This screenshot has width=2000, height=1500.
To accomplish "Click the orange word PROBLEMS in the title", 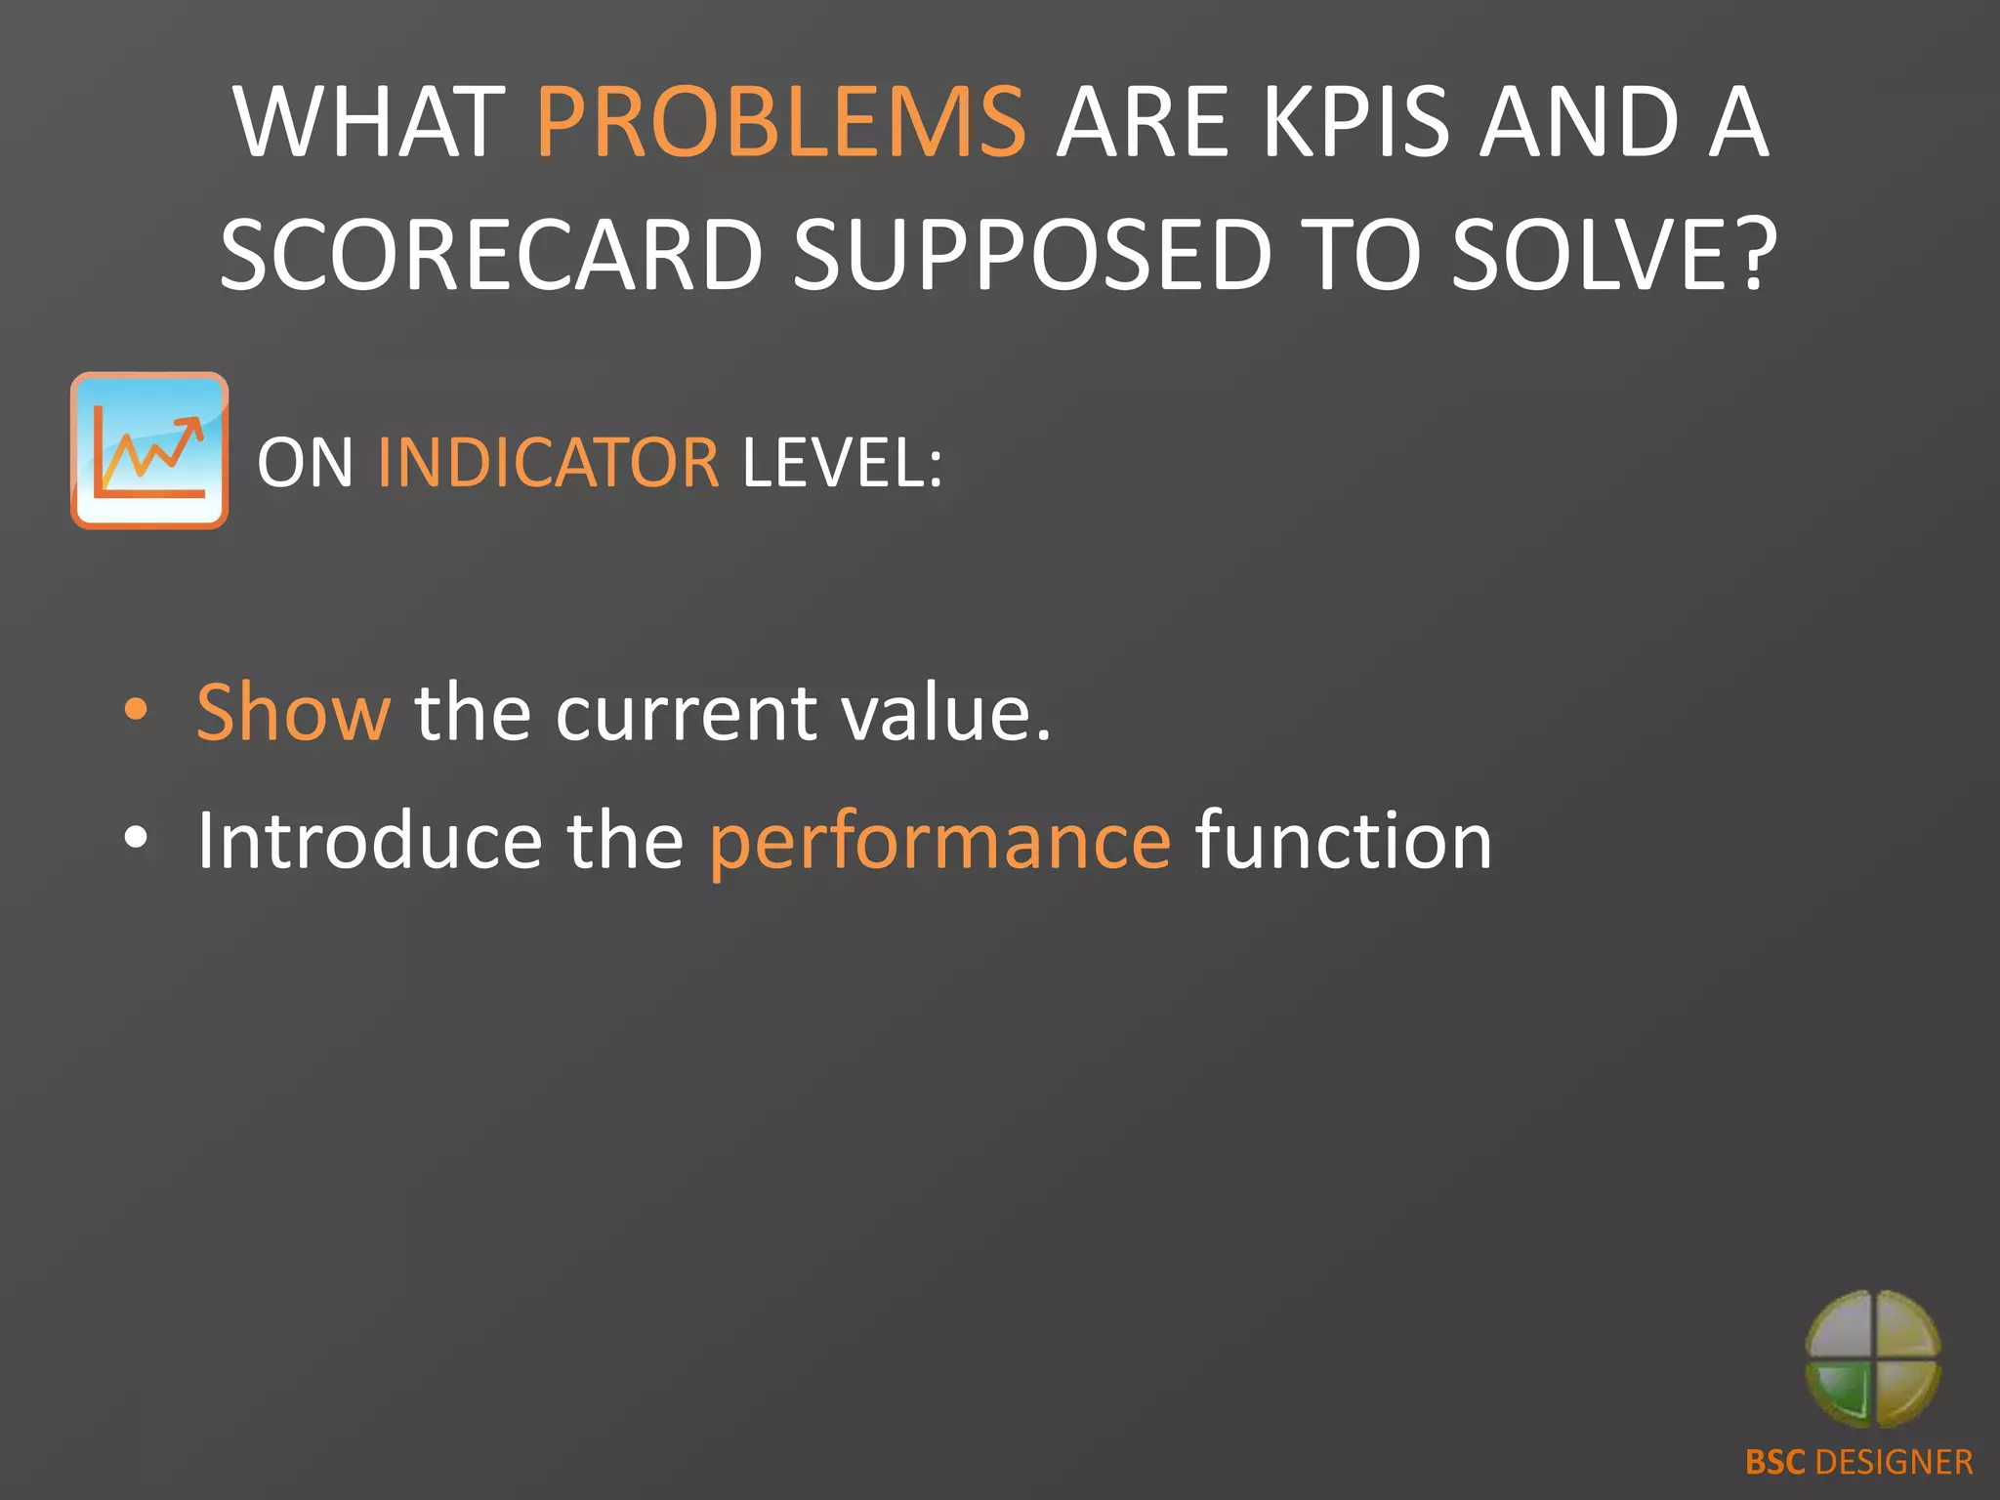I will tap(780, 123).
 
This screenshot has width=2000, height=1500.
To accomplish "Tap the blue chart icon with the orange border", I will tap(149, 450).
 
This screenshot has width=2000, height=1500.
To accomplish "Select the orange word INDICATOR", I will tap(548, 463).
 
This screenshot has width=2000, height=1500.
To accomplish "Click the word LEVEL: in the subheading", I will tap(843, 463).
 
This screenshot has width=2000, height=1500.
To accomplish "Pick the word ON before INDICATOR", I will tap(305, 463).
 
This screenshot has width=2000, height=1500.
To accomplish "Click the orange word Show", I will tap(293, 713).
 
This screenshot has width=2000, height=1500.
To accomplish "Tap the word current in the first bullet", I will tap(685, 713).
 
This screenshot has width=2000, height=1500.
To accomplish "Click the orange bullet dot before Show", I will tap(136, 710).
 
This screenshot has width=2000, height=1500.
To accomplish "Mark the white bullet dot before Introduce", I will tap(136, 838).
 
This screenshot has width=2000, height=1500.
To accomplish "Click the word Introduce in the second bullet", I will tap(369, 841).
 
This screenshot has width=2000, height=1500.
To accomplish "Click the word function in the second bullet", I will tap(1344, 841).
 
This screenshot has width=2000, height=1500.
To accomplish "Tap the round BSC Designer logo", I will tap(1872, 1358).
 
